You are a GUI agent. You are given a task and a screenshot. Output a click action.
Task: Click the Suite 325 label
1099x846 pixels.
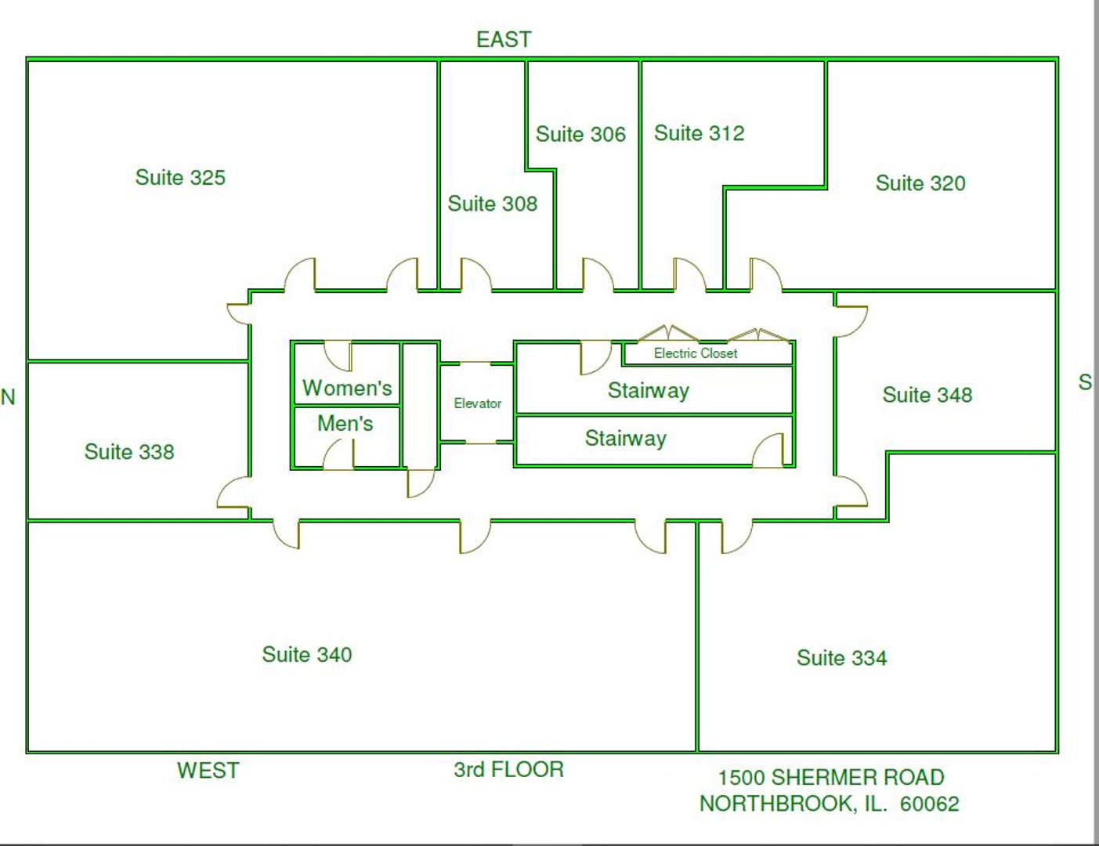(x=180, y=178)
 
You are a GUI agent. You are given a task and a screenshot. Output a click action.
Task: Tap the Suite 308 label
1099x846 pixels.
(x=492, y=204)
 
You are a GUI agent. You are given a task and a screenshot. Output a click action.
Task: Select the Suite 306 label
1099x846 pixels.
(x=580, y=135)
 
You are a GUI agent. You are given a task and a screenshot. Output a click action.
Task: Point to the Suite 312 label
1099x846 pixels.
(x=699, y=133)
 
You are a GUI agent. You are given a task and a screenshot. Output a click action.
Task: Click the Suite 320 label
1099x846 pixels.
(x=920, y=183)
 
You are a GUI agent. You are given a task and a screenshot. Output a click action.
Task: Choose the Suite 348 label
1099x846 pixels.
(x=927, y=395)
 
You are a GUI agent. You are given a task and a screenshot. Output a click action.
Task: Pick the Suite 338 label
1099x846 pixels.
(x=129, y=452)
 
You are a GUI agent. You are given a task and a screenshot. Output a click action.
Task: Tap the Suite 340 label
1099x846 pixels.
(x=306, y=655)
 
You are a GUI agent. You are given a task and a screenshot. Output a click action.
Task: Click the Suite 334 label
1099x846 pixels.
(x=841, y=658)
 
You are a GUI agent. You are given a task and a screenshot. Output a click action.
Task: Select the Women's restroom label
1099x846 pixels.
(x=347, y=388)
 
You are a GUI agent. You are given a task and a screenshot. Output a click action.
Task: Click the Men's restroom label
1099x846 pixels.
(x=345, y=424)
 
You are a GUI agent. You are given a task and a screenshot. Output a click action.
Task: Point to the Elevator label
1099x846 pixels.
(x=477, y=403)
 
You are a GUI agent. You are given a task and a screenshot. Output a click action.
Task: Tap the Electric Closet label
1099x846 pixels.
(x=696, y=353)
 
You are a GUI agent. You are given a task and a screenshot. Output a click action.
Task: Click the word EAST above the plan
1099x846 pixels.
(x=504, y=39)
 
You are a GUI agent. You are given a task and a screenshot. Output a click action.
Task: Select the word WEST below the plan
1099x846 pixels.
(x=208, y=771)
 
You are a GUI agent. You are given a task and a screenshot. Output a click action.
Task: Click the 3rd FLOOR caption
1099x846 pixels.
(x=508, y=770)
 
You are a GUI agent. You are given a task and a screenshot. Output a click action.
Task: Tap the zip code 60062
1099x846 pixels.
(x=929, y=804)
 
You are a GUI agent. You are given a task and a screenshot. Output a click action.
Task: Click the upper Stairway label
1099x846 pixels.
(x=648, y=391)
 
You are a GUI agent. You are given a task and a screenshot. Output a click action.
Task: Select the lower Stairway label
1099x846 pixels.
(x=625, y=439)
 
